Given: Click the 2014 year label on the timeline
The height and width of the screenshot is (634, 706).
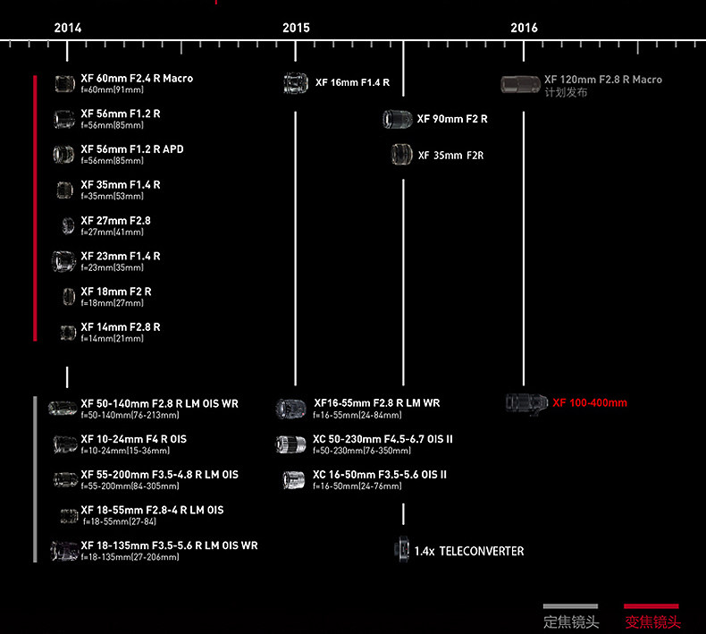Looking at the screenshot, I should tap(68, 28).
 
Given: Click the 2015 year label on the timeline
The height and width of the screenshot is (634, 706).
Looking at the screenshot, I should tap(296, 28).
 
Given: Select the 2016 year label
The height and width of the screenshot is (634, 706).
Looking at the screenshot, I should tap(524, 28).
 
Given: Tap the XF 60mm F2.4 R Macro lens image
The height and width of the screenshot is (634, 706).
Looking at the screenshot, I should tap(63, 84).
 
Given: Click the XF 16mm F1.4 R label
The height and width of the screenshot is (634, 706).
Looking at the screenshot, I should tap(352, 83).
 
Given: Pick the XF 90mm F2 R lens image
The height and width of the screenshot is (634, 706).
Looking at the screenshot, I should tap(397, 119).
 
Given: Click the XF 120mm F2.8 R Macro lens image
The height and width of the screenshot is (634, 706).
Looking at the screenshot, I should tap(520, 85).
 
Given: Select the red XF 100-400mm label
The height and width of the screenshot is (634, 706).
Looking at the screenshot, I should tap(590, 402).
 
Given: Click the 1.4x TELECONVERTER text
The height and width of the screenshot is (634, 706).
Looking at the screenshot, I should tap(468, 551).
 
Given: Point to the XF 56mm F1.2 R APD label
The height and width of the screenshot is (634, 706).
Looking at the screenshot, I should tap(131, 149).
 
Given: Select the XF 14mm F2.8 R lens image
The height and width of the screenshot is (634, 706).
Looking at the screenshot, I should tap(67, 333).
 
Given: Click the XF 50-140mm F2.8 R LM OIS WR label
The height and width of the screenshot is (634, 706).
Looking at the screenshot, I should tap(159, 404).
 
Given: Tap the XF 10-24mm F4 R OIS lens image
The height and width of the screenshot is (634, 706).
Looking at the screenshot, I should tap(64, 444).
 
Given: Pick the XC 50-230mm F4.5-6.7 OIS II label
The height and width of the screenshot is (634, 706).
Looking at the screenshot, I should tap(382, 439).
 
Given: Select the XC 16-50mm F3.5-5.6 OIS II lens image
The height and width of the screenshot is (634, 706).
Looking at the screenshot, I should tap(292, 479).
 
